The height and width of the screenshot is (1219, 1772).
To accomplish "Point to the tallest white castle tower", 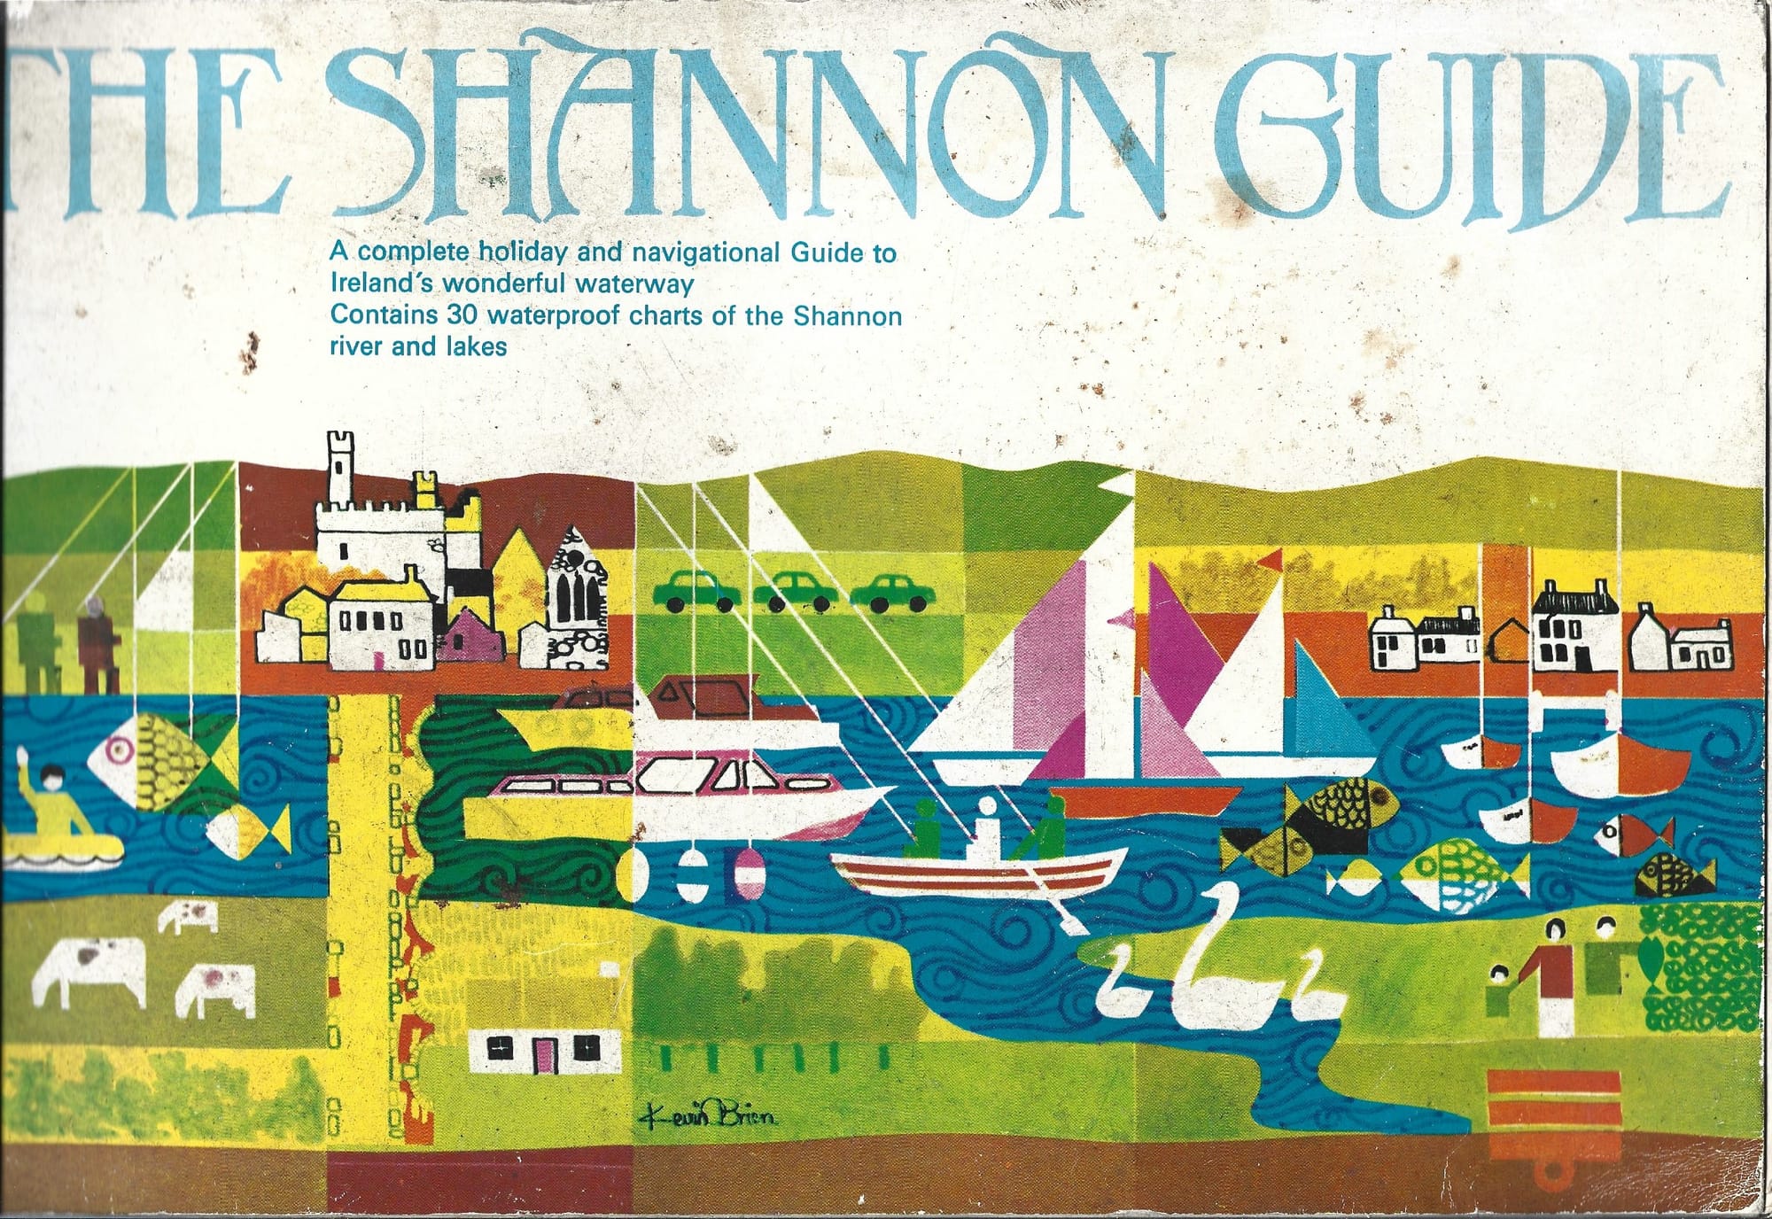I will [x=340, y=470].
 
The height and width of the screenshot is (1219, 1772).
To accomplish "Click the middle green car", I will [x=794, y=591].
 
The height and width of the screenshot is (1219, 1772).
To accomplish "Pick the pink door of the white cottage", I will [x=543, y=1052].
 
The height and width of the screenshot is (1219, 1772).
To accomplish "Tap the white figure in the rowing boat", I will [x=985, y=824].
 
